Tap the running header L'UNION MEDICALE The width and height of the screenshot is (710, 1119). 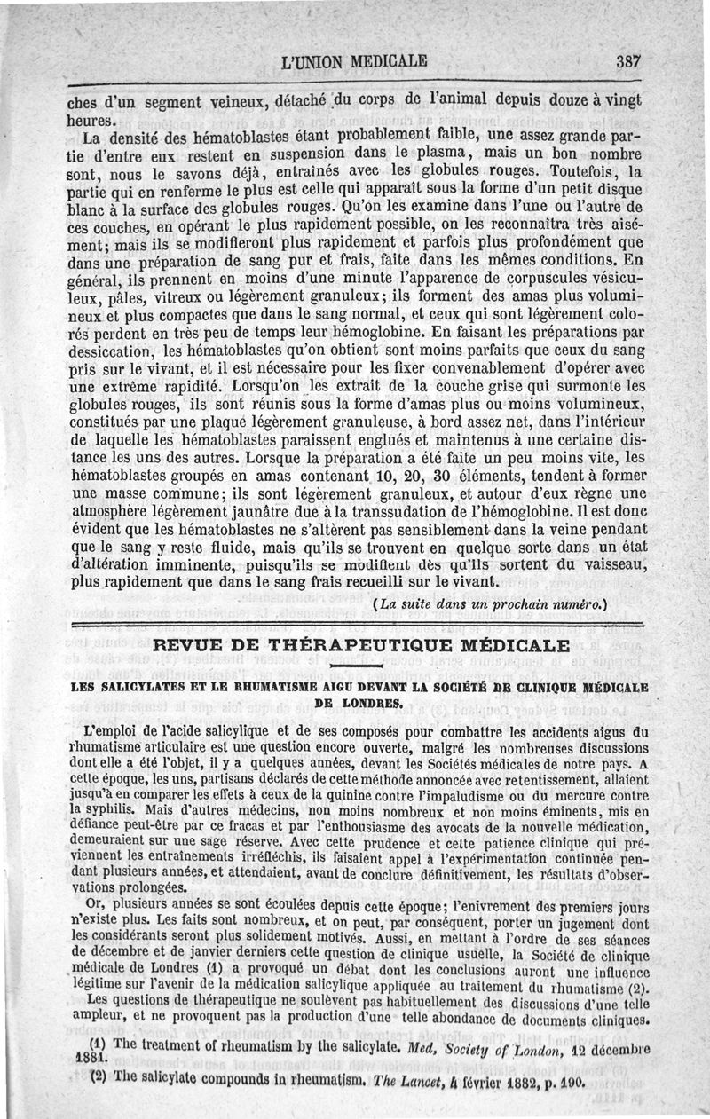point(353,62)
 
